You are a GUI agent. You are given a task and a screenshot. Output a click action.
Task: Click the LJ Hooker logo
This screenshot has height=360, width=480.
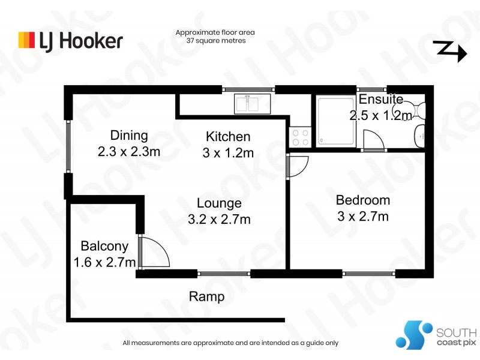(x=71, y=40)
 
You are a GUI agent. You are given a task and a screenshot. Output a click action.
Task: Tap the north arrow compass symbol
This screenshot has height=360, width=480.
(x=449, y=52)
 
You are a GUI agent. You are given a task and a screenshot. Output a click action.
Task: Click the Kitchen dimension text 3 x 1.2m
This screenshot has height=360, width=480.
(x=228, y=153)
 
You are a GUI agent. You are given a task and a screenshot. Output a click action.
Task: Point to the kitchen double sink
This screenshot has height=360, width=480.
(x=253, y=104)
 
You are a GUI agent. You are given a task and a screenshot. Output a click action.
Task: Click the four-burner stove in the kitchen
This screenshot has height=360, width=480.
(x=299, y=136)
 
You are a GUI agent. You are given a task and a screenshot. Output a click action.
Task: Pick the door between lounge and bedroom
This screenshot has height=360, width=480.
(x=297, y=166)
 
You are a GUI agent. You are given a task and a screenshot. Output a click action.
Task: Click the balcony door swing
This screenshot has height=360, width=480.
(x=154, y=252)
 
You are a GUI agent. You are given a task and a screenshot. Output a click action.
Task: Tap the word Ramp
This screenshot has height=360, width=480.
(x=206, y=296)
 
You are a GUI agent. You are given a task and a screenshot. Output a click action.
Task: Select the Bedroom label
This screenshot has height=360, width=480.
(x=362, y=200)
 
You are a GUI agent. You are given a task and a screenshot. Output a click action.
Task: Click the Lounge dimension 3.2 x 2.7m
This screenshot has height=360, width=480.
(x=218, y=220)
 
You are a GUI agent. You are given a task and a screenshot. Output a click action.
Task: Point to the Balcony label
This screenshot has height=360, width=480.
(x=104, y=245)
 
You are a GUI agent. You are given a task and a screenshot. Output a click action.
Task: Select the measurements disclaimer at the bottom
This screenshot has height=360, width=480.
(x=230, y=343)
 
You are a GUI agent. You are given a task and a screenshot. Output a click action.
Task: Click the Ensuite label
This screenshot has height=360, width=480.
(x=380, y=99)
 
